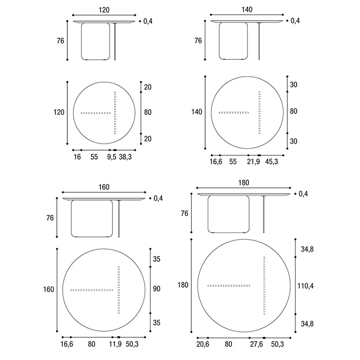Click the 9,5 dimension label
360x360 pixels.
click(112, 157)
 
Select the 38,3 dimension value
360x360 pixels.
click(125, 157)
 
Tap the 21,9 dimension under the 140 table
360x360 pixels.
click(254, 162)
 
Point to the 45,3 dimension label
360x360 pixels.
click(272, 162)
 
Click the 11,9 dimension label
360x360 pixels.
click(115, 344)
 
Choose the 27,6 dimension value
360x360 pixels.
click(256, 345)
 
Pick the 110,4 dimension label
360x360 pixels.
click(305, 286)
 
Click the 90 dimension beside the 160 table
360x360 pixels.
click(156, 289)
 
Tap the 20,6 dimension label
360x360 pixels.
click(203, 345)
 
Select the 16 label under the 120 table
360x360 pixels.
click(77, 157)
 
